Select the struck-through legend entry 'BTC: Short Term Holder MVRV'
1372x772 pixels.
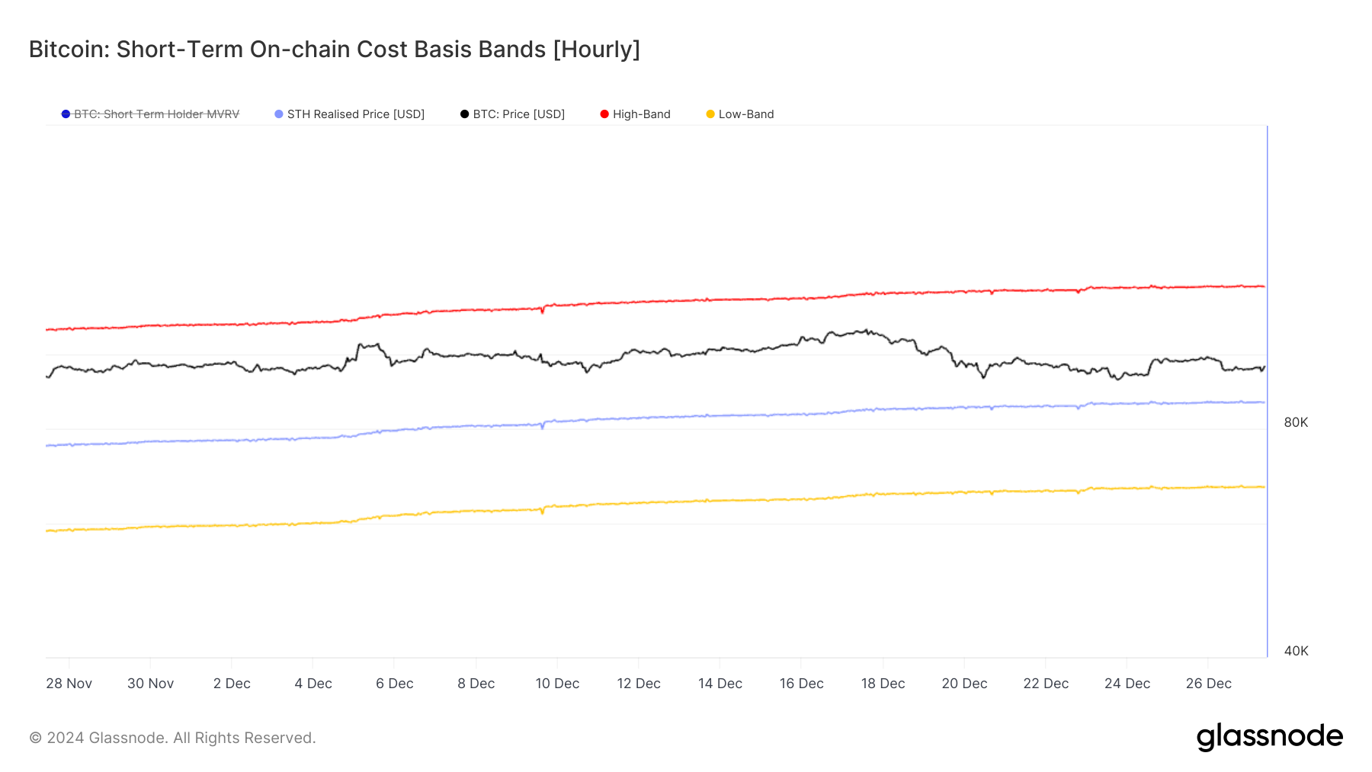click(156, 114)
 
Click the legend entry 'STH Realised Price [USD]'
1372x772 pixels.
click(355, 114)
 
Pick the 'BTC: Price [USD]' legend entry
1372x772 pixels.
click(518, 114)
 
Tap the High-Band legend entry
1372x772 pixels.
click(641, 114)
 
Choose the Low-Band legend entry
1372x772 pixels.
click(745, 114)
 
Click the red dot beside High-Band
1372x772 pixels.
click(604, 114)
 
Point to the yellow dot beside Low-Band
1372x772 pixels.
click(710, 114)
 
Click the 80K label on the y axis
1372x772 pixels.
click(1296, 422)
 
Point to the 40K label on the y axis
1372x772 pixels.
click(1296, 651)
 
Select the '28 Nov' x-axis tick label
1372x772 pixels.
click(69, 684)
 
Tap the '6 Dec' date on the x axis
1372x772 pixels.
click(394, 684)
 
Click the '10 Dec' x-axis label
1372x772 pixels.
click(557, 684)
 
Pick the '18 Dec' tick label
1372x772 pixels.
click(883, 684)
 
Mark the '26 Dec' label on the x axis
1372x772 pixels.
click(1208, 684)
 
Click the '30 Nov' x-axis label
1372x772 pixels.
click(150, 684)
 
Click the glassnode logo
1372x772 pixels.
click(1269, 737)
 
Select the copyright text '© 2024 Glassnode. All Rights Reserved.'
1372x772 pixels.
click(172, 738)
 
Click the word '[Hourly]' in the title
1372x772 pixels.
click(596, 50)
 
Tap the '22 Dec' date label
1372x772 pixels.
click(1046, 684)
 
